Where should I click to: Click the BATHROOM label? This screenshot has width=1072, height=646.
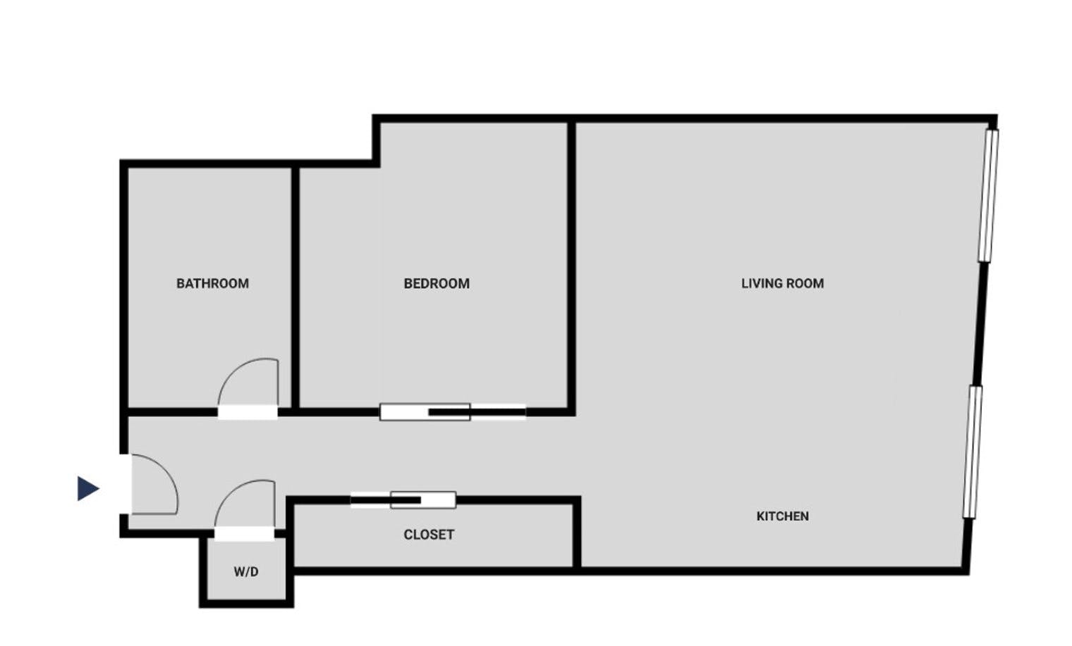click(x=212, y=284)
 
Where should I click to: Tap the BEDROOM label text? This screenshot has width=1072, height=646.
click(x=437, y=284)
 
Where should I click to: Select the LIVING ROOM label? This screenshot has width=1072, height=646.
click(x=782, y=284)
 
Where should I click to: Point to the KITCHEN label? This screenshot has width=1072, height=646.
click(x=782, y=516)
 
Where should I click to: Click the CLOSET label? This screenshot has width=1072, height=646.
click(x=429, y=535)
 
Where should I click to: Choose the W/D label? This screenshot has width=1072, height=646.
click(x=246, y=571)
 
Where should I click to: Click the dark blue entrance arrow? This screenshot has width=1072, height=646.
click(x=88, y=488)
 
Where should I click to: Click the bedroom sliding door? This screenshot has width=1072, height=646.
click(x=453, y=411)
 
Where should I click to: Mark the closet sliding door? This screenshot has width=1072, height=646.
click(x=403, y=500)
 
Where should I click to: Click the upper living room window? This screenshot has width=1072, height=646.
click(x=988, y=196)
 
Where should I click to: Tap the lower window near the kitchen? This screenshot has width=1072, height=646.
click(x=973, y=452)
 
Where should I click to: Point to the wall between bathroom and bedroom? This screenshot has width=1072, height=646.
click(x=296, y=287)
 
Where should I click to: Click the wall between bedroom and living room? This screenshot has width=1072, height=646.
click(x=571, y=266)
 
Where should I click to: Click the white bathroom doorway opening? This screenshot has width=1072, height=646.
click(x=248, y=412)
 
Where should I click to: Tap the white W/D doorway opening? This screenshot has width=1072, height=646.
click(x=245, y=533)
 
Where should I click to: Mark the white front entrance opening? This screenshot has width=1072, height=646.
click(x=126, y=484)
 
